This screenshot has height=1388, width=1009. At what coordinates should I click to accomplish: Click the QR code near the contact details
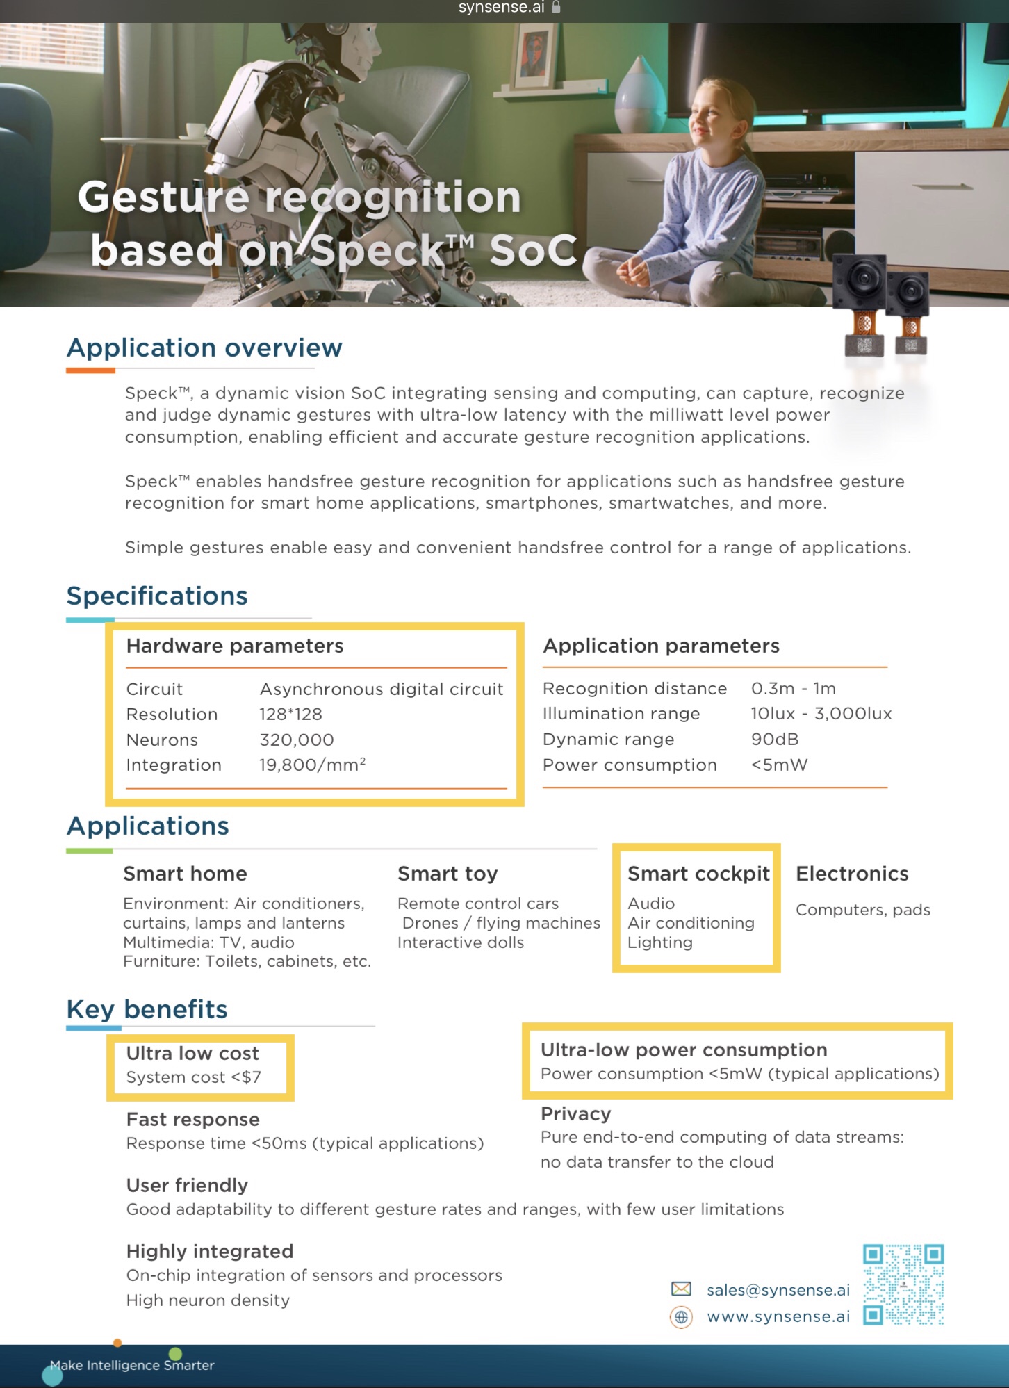(x=903, y=1284)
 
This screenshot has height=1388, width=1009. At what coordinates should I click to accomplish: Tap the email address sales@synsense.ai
(x=778, y=1290)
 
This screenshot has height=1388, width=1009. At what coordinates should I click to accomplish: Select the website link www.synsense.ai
(x=778, y=1316)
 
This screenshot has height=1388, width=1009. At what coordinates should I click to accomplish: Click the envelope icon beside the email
(x=681, y=1289)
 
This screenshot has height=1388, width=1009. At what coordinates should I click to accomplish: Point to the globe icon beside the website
(x=681, y=1316)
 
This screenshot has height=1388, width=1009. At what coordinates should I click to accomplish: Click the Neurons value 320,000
(x=297, y=740)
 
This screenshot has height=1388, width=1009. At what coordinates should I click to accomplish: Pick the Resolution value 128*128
(x=290, y=714)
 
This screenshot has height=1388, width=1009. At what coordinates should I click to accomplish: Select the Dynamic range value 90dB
(x=775, y=739)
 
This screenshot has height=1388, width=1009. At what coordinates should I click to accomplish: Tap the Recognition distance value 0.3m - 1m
(x=794, y=688)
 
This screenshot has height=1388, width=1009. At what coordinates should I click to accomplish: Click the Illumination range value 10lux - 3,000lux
(x=821, y=713)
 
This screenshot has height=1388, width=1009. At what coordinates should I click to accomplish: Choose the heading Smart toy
(x=448, y=874)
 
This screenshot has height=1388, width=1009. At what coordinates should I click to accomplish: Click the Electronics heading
(x=852, y=874)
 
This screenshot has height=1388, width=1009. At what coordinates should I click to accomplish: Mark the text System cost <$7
(x=194, y=1077)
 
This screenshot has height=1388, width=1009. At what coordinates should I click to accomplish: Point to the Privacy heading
(x=575, y=1113)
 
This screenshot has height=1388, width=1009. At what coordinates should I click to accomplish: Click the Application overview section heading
(x=204, y=348)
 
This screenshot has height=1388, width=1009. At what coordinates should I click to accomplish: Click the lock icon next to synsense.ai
(x=556, y=7)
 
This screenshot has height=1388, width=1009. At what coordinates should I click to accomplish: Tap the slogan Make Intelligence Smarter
(x=132, y=1365)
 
